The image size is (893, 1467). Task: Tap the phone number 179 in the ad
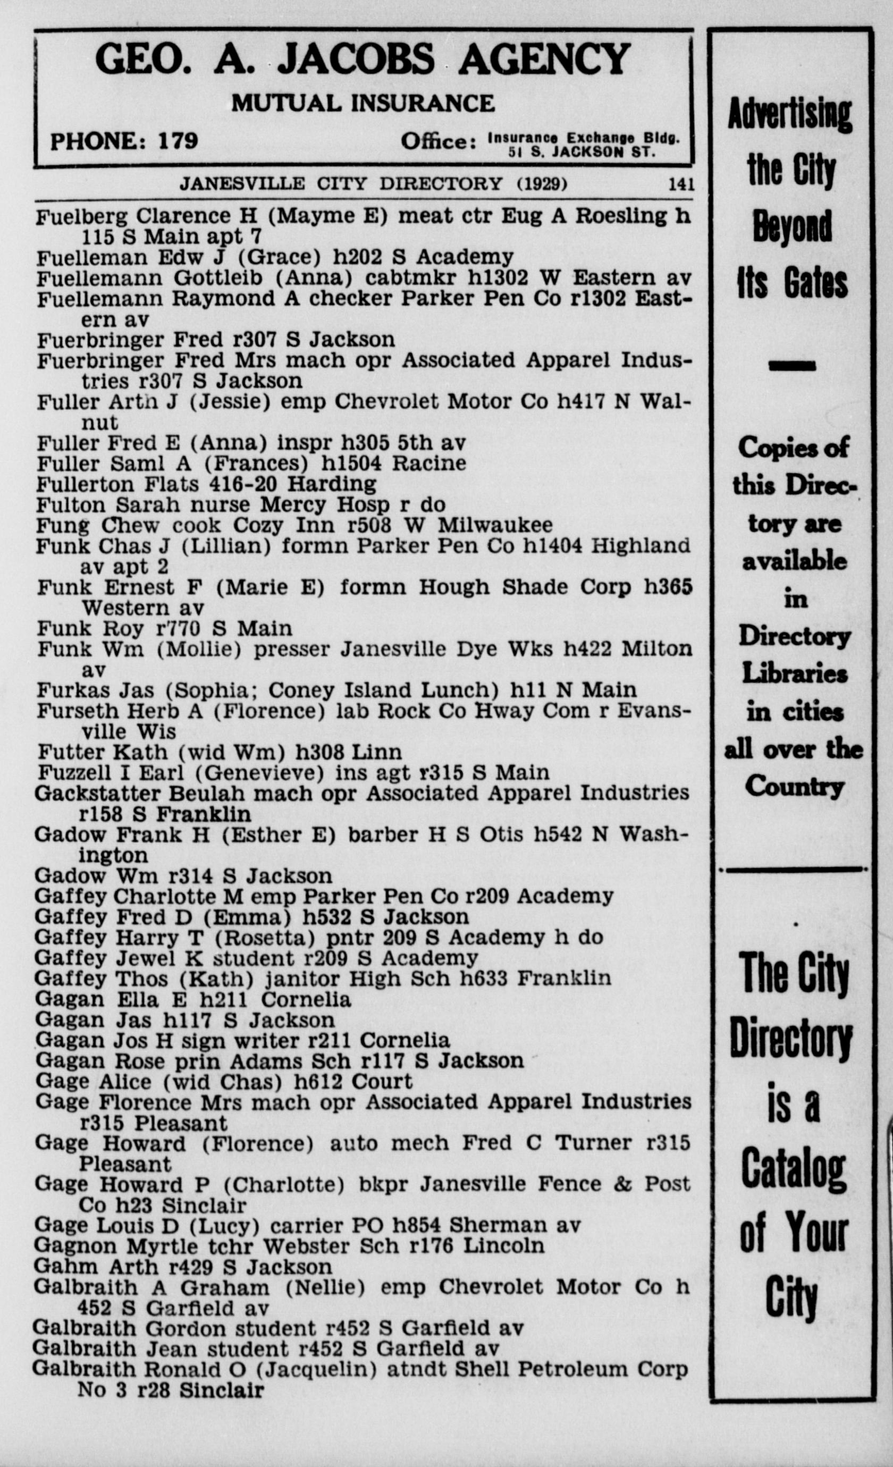178,141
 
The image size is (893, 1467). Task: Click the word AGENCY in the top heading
544,60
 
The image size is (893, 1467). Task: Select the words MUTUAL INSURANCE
363,104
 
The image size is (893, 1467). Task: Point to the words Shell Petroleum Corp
571,1369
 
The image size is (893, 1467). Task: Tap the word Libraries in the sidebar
794,674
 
